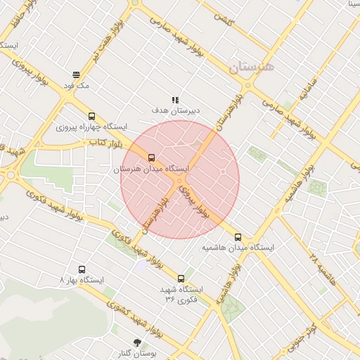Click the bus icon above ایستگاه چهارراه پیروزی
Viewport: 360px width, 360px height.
click(x=91, y=117)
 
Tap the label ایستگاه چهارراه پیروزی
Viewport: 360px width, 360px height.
click(x=92, y=127)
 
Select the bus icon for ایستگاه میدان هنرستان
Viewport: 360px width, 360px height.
click(x=153, y=158)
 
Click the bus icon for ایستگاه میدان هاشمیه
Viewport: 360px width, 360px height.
click(x=238, y=237)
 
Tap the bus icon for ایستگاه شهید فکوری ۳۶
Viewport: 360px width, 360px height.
click(x=181, y=278)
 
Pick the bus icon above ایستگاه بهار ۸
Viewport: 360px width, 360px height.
click(x=82, y=269)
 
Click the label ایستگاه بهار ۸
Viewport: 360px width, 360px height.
click(x=82, y=280)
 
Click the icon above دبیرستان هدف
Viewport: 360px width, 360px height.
click(x=175, y=101)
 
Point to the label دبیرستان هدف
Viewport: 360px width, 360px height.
click(x=176, y=111)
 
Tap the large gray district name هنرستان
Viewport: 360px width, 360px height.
click(x=254, y=67)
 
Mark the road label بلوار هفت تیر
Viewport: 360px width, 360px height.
click(x=105, y=43)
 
